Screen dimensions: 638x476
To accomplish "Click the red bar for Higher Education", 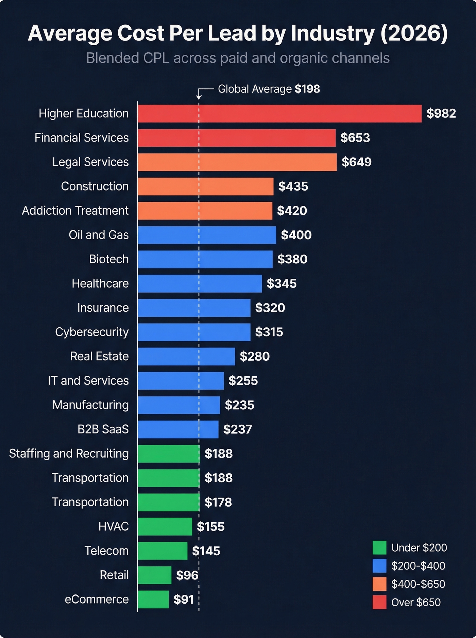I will (x=279, y=114).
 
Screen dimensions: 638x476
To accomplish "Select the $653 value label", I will (x=355, y=138).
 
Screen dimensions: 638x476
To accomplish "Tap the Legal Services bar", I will (x=237, y=162).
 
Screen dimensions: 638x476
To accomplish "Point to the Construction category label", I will (x=95, y=186).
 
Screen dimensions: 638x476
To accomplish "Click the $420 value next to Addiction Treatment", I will (x=292, y=211).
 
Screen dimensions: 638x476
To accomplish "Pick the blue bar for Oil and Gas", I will (x=207, y=235).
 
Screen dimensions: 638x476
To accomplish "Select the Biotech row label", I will (x=109, y=259).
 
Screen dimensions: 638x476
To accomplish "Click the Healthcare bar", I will (x=200, y=283).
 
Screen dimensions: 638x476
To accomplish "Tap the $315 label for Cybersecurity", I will (x=269, y=332).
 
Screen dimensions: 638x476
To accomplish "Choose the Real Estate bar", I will (x=186, y=357).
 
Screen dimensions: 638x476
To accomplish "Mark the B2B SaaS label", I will (x=103, y=429).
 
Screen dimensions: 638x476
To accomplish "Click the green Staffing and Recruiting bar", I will (x=168, y=454).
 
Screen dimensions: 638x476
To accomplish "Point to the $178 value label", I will (x=218, y=502).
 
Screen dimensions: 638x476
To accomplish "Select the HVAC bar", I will (x=165, y=527).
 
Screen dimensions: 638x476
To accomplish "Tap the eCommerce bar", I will (x=153, y=600).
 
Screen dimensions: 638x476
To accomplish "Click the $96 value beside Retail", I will (x=187, y=575).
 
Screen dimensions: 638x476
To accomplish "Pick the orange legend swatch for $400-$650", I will (x=379, y=584).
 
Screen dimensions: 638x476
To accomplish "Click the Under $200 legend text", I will (x=419, y=548).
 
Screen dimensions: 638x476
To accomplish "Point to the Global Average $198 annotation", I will (x=269, y=89).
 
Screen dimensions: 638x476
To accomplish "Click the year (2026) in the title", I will (x=414, y=33).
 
